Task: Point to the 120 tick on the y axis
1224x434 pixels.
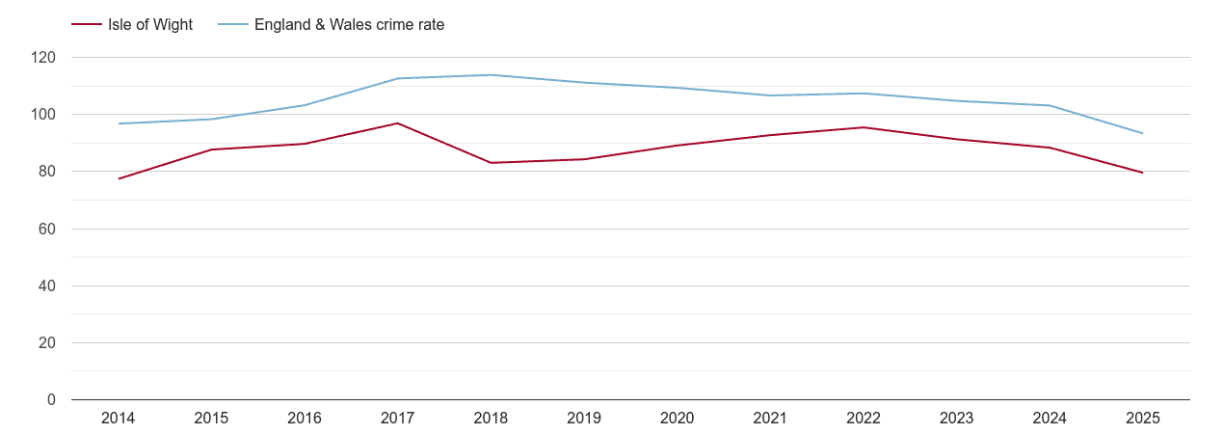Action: pyautogui.click(x=43, y=58)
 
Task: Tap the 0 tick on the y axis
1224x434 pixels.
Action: pyautogui.click(x=51, y=400)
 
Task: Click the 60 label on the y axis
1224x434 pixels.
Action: pyautogui.click(x=47, y=230)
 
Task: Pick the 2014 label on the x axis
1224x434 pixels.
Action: pyautogui.click(x=118, y=419)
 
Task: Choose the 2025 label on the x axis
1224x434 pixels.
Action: pyautogui.click(x=1142, y=419)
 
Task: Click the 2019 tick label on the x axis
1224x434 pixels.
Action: pyautogui.click(x=583, y=419)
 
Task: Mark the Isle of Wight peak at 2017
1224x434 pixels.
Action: pyautogui.click(x=397, y=123)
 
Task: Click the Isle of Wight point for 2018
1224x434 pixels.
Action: pyautogui.click(x=491, y=163)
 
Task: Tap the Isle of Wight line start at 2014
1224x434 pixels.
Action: pyautogui.click(x=119, y=178)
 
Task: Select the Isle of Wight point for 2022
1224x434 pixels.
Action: pyautogui.click(x=863, y=127)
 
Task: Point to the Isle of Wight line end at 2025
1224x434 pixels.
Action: pyautogui.click(x=1142, y=173)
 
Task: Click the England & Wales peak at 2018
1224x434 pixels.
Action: pyautogui.click(x=491, y=75)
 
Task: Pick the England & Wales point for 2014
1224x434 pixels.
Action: pyautogui.click(x=119, y=123)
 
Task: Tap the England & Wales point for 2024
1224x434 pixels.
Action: pyautogui.click(x=1049, y=105)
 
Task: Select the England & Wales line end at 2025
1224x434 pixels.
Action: pyautogui.click(x=1142, y=133)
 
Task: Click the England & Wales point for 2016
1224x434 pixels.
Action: pyautogui.click(x=305, y=105)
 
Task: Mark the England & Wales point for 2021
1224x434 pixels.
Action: pyautogui.click(x=770, y=95)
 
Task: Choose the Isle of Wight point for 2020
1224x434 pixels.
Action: pyautogui.click(x=677, y=146)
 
